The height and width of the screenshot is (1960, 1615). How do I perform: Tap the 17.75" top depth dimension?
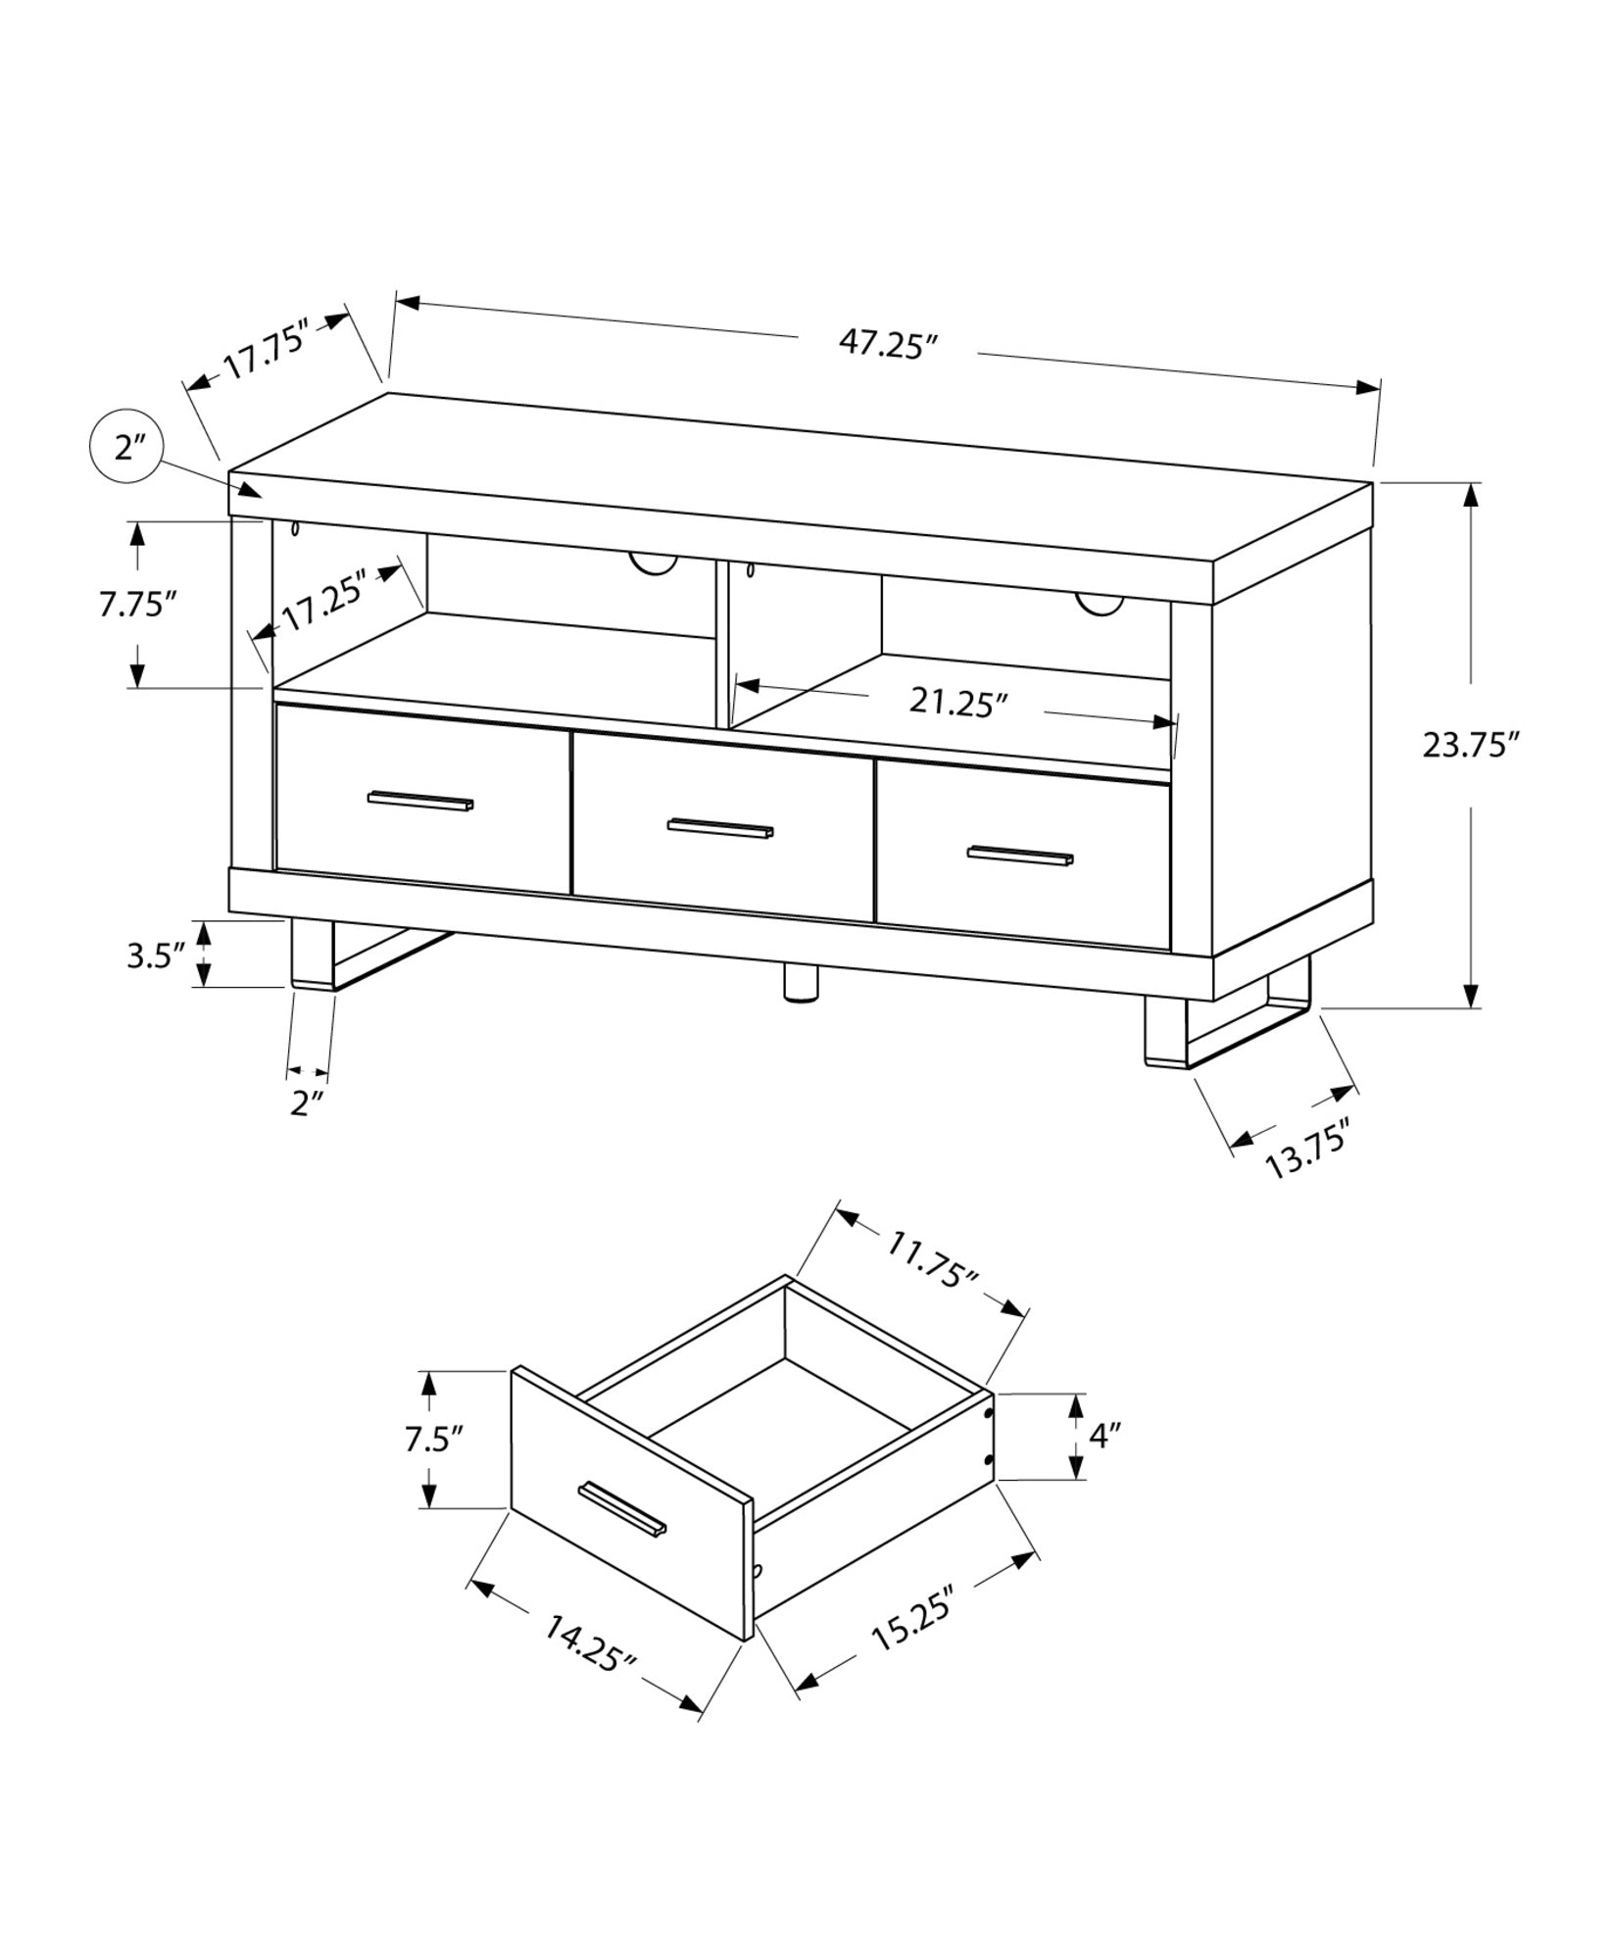[267, 349]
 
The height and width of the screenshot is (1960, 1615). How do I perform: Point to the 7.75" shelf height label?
[136, 604]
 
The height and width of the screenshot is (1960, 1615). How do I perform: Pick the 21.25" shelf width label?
[957, 702]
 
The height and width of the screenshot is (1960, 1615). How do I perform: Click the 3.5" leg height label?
[156, 955]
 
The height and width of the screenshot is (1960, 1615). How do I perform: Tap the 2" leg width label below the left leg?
[308, 1103]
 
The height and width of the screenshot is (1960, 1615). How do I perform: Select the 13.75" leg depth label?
[1308, 1149]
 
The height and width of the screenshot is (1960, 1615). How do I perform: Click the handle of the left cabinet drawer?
[420, 801]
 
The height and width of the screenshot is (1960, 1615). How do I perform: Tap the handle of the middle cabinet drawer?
[720, 829]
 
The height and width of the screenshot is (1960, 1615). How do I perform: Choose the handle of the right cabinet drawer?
[1020, 855]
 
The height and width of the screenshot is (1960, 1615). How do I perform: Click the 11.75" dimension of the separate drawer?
[933, 1257]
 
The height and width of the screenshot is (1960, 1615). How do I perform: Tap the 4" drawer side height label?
[1104, 1437]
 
